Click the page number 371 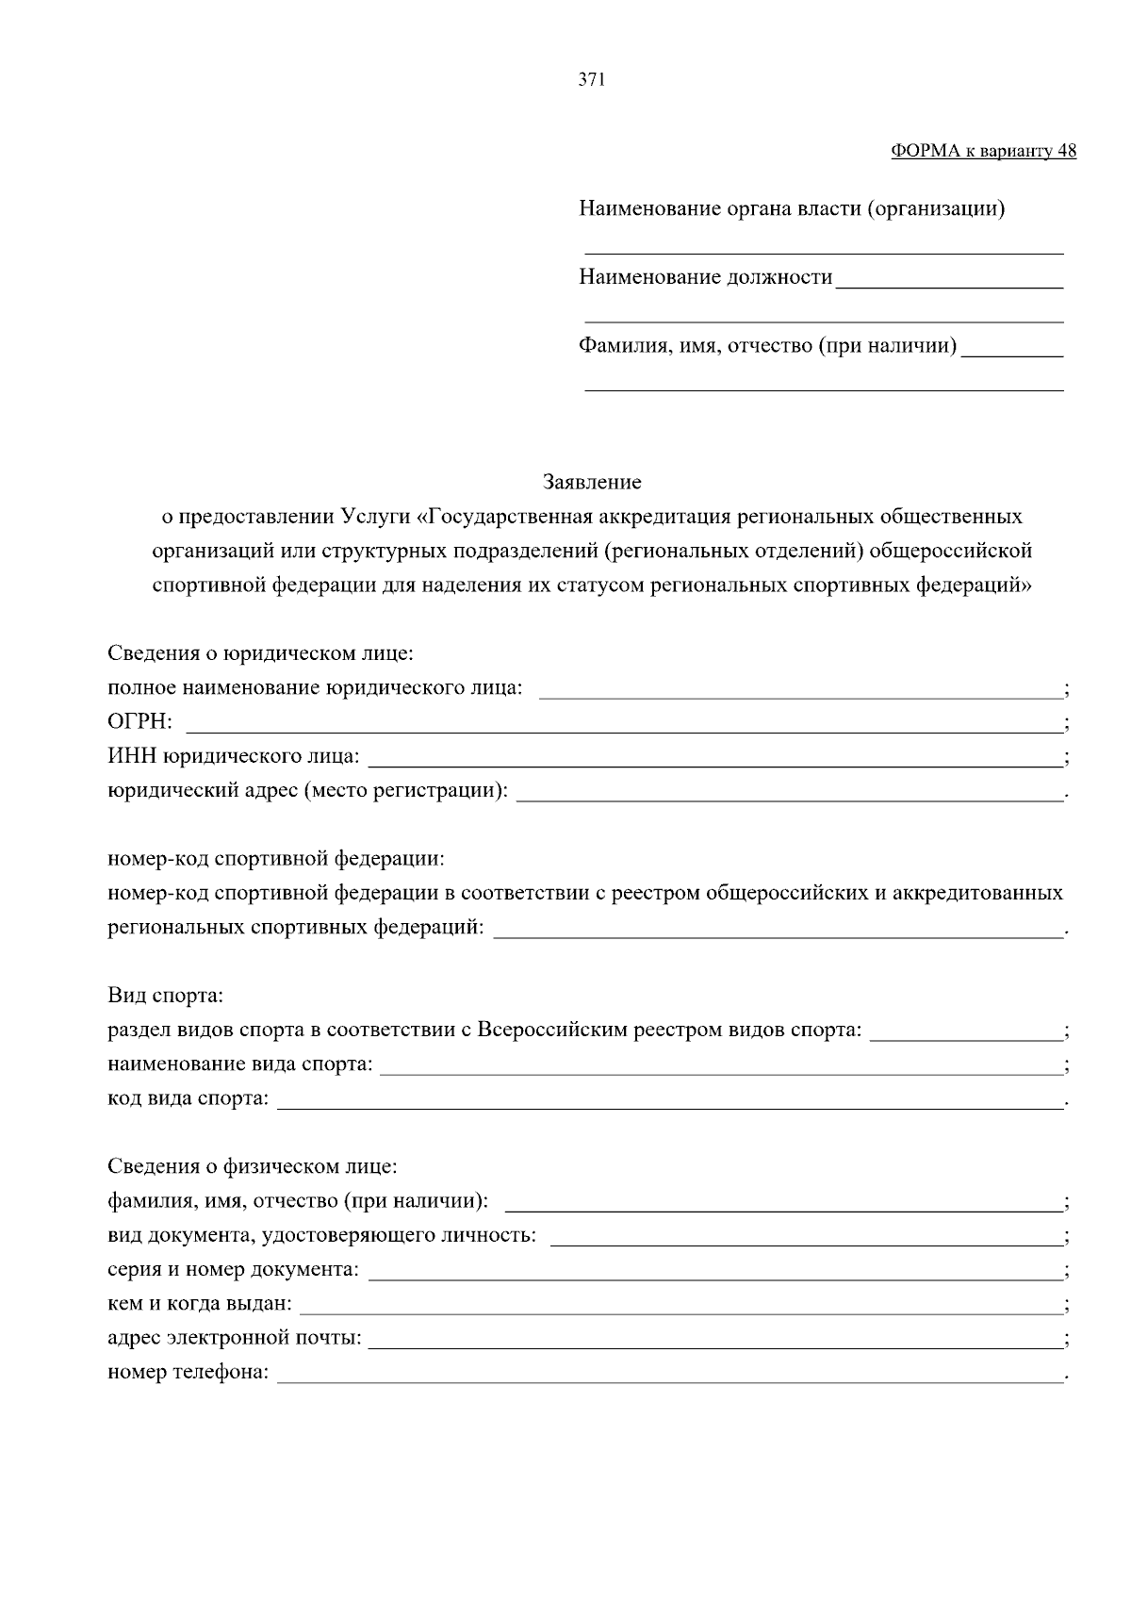591,80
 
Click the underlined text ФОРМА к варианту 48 983,151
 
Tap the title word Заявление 592,483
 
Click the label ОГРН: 139,722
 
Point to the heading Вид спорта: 165,996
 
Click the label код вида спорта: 188,1098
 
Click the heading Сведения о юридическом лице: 260,653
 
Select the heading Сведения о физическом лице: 253,1167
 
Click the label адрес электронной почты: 235,1338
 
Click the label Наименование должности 705,277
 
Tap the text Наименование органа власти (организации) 792,208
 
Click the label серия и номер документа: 233,1270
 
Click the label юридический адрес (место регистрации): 307,790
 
